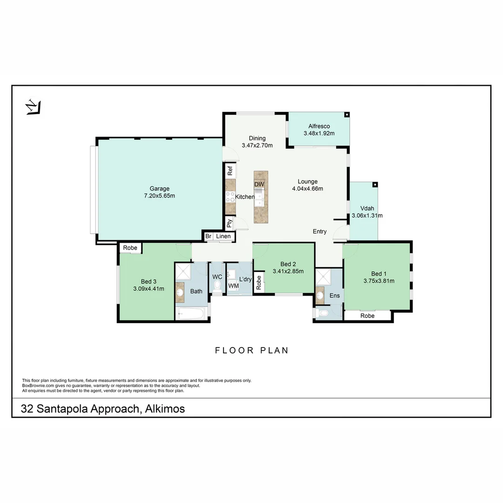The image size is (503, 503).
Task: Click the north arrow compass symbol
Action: click(x=33, y=107)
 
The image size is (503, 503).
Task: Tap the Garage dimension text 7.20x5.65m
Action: click(x=159, y=196)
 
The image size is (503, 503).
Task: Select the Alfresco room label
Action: click(x=319, y=126)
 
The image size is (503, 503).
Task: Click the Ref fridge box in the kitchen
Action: click(x=230, y=171)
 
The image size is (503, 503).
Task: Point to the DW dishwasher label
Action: click(x=259, y=184)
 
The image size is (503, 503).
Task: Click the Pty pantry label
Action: click(x=230, y=224)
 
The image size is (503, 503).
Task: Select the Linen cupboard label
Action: click(x=223, y=237)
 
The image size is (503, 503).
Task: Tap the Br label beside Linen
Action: click(x=208, y=237)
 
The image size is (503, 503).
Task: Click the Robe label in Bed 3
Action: click(x=130, y=248)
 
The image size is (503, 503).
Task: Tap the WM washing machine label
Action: click(x=233, y=285)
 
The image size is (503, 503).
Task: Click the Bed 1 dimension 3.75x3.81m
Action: click(x=379, y=281)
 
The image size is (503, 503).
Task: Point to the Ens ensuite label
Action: click(x=334, y=295)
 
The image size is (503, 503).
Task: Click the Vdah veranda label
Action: click(x=367, y=209)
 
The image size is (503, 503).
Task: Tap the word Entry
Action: click(x=319, y=231)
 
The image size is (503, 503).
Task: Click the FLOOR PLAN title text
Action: click(x=251, y=350)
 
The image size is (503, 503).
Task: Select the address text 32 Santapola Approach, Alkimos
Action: click(x=103, y=409)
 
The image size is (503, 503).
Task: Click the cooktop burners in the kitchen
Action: click(x=230, y=197)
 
